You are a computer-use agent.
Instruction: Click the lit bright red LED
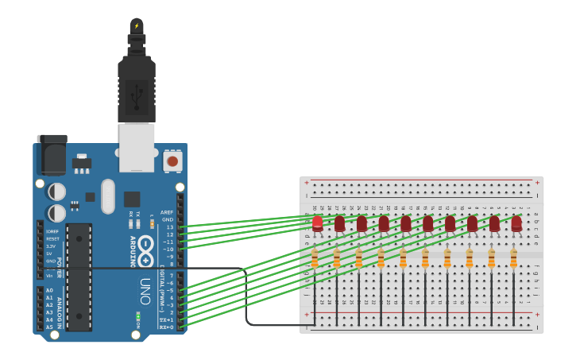pos(318,223)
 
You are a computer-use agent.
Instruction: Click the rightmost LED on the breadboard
pos(516,223)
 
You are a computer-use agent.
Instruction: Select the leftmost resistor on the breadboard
pos(315,258)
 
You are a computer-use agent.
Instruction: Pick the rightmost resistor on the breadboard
pos(513,258)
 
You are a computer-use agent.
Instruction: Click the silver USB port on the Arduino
pos(137,147)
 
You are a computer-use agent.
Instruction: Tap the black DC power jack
pos(52,154)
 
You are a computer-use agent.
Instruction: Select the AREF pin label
pos(167,212)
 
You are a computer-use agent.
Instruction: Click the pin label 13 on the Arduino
pos(170,227)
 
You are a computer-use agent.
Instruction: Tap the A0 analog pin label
pos(50,290)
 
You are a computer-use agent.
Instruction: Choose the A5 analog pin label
pos(50,327)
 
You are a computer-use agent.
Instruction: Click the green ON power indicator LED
pos(138,318)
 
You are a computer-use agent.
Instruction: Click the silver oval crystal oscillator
pos(108,195)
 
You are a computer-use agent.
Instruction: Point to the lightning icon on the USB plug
pos(136,26)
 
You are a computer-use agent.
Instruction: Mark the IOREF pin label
pos(52,231)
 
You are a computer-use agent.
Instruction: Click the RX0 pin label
pos(166,327)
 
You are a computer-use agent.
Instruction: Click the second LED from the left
pos(340,223)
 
